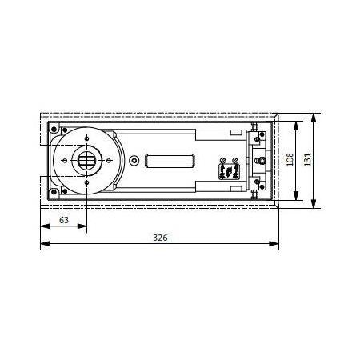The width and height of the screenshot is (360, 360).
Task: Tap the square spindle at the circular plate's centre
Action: pos(86,161)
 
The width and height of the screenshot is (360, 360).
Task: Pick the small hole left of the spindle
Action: pos(63,161)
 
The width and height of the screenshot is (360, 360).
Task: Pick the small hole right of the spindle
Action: pos(109,161)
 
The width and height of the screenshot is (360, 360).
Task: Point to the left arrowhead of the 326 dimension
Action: pos(43,243)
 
